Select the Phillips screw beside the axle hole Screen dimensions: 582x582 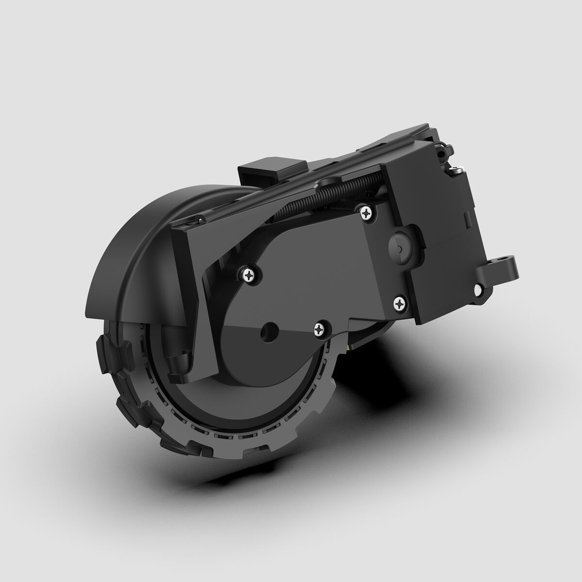pyautogui.click(x=320, y=329)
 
